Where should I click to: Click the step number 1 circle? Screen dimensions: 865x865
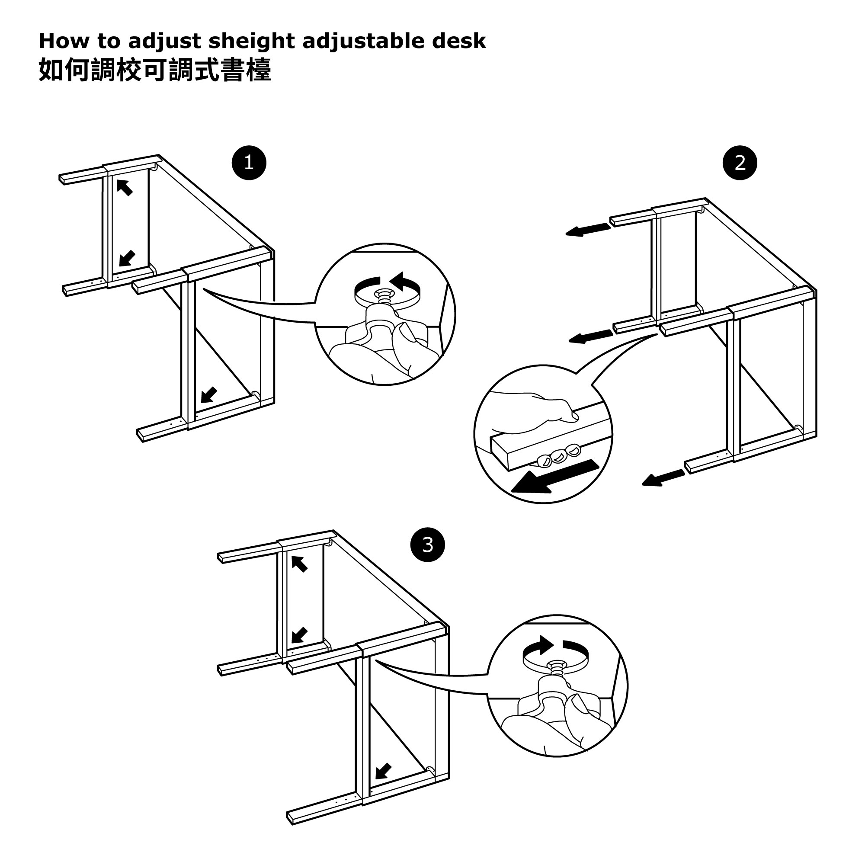coord(249,163)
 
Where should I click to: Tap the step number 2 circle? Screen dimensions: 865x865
coord(740,163)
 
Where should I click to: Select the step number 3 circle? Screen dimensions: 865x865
coord(428,545)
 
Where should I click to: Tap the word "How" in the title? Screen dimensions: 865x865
coord(64,41)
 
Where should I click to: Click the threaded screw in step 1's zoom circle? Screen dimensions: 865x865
coord(384,296)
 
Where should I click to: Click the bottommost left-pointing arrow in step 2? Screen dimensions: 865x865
coord(663,479)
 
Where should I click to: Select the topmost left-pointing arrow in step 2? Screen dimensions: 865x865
coord(588,230)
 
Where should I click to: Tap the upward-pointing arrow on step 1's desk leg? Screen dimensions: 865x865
coord(125,187)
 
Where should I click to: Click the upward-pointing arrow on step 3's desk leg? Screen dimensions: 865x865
coord(300,564)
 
